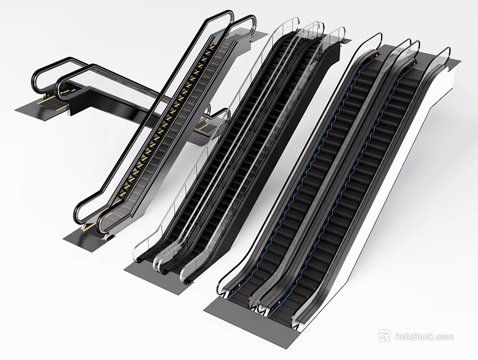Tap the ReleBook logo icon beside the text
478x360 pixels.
(x=385, y=336)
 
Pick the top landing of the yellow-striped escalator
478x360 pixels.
(x=247, y=35)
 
